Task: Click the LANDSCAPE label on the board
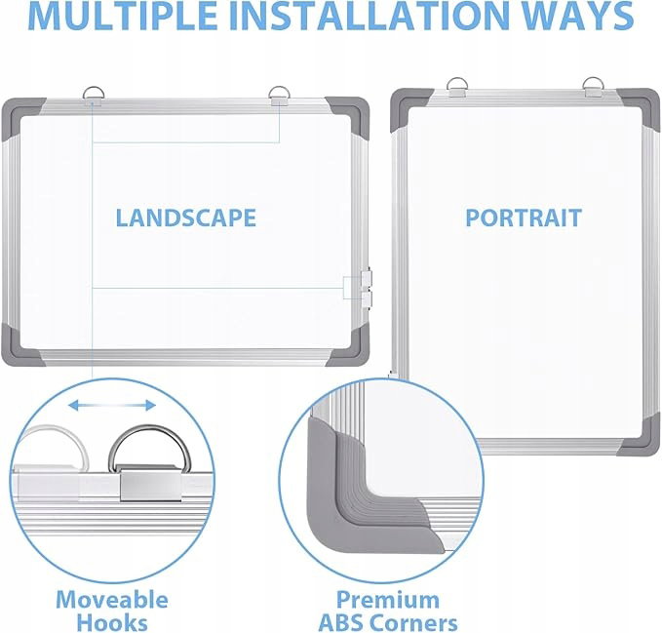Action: (186, 218)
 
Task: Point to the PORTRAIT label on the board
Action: (524, 218)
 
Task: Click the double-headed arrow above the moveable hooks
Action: (112, 406)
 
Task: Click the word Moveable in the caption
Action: (112, 600)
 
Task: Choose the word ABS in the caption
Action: (343, 623)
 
